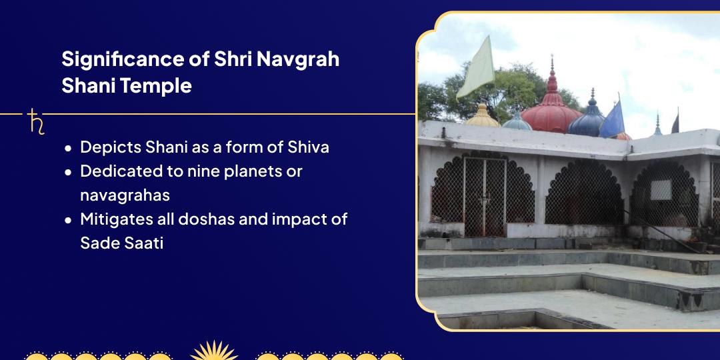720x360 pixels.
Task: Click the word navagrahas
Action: (x=125, y=195)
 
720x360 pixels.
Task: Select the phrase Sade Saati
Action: (x=121, y=243)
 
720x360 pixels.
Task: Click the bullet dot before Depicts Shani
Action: (x=68, y=149)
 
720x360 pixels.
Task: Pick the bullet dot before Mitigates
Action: (x=68, y=220)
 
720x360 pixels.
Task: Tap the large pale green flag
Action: (x=476, y=69)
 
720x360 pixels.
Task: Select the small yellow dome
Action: (x=482, y=118)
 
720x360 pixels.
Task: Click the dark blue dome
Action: (x=587, y=121)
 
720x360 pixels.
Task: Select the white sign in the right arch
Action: (x=660, y=189)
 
